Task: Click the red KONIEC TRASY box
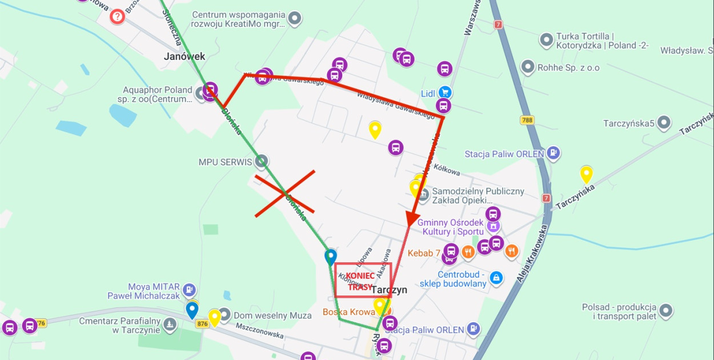click(x=363, y=280)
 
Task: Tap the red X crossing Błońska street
click(x=284, y=194)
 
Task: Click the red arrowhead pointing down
click(x=411, y=219)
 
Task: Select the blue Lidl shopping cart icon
click(x=444, y=93)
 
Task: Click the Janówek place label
click(x=184, y=57)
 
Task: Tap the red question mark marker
click(x=117, y=16)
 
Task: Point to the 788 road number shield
click(x=527, y=120)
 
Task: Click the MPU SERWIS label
click(x=225, y=162)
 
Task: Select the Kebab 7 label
click(x=424, y=253)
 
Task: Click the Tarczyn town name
click(x=389, y=290)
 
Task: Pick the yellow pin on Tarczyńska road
click(x=586, y=173)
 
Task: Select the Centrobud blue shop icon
click(x=496, y=278)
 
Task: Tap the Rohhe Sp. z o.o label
click(x=568, y=67)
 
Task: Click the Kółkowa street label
click(x=447, y=170)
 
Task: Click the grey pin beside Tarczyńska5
click(x=663, y=123)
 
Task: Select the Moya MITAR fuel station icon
click(x=190, y=291)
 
